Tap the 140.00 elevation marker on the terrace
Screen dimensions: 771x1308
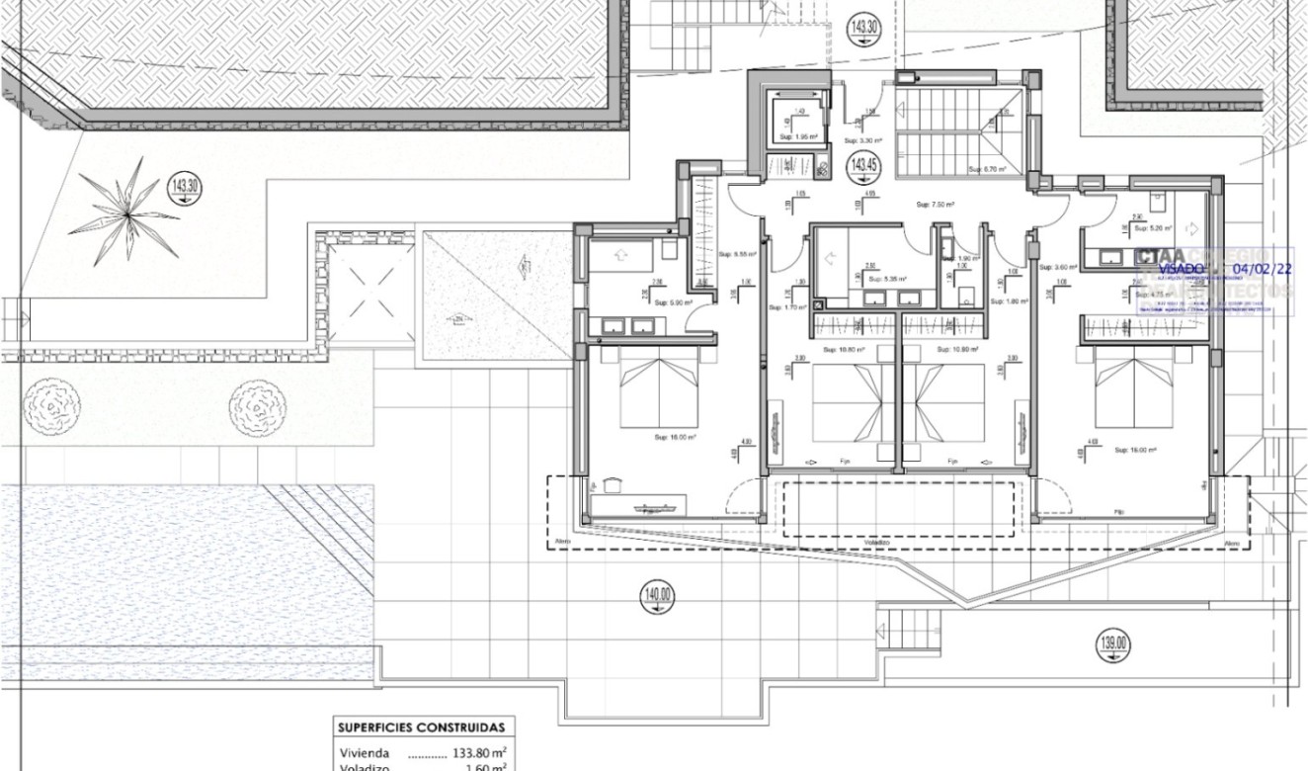658,595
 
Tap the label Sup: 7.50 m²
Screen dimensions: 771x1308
934,205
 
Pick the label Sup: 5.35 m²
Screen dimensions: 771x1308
882,279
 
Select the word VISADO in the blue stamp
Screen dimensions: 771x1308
1181,268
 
